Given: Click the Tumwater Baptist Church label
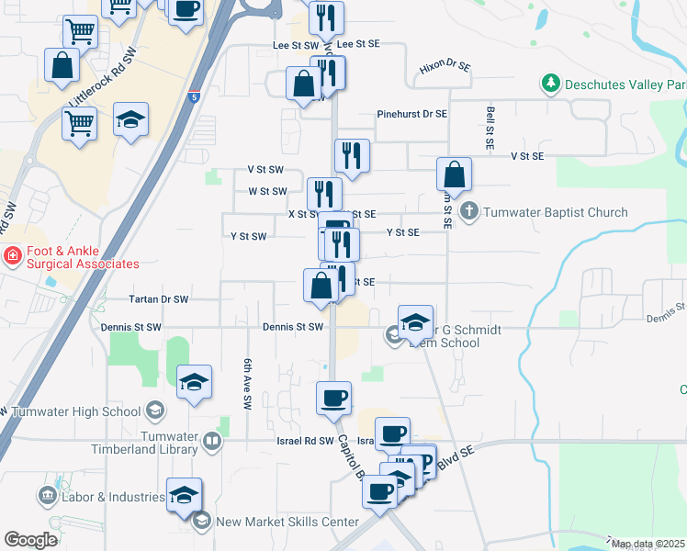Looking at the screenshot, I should coord(557,212).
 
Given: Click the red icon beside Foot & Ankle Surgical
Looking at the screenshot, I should coord(13,254).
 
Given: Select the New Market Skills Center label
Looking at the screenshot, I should coord(287,522).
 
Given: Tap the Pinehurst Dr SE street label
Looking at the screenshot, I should coord(411,114).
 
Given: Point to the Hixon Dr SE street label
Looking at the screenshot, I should coord(445,67).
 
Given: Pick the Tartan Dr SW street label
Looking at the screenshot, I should coord(160,299).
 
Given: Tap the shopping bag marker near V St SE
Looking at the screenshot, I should coord(454,174).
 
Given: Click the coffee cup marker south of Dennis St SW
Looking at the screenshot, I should coord(333,398).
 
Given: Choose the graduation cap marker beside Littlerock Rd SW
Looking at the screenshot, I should coord(131,119).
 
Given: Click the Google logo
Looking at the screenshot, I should coord(30,540).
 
